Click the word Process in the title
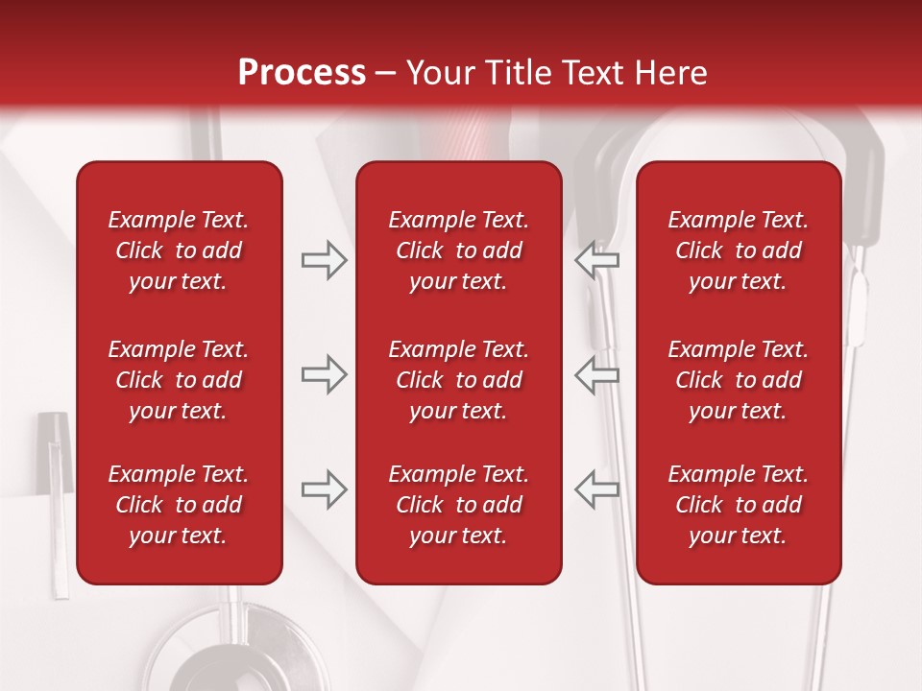[x=302, y=73]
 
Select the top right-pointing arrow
[x=324, y=260]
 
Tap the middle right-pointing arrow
[x=324, y=374]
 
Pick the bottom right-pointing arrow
[x=324, y=489]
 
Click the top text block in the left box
[x=179, y=250]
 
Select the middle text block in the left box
[x=179, y=380]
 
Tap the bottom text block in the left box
[x=179, y=505]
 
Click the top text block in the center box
[x=458, y=250]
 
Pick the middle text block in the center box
[x=458, y=380]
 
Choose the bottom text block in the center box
[x=458, y=505]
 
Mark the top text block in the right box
[x=738, y=250]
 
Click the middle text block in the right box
[x=738, y=380]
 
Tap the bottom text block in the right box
[x=738, y=505]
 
